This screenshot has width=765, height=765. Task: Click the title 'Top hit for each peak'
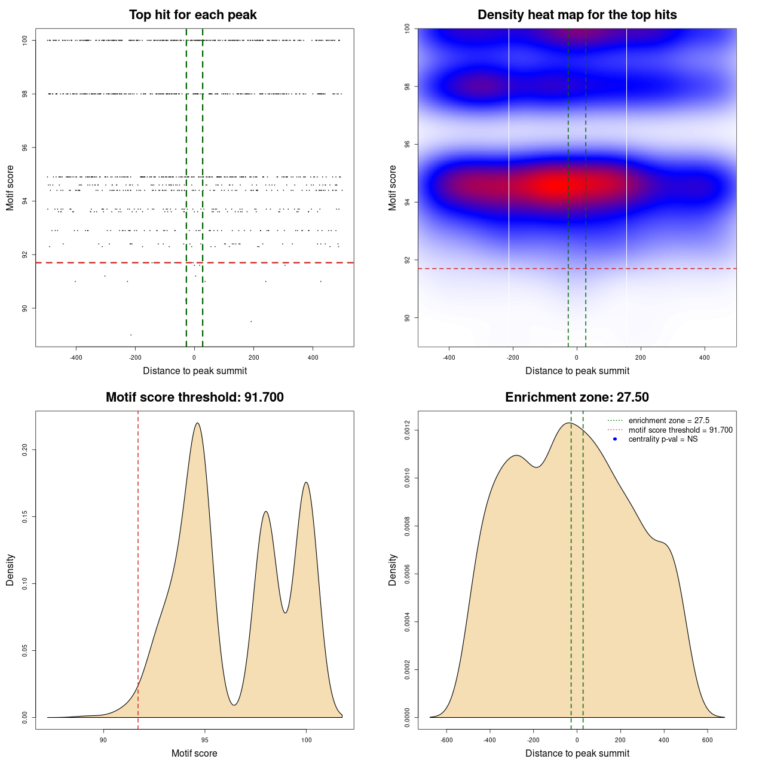click(x=193, y=15)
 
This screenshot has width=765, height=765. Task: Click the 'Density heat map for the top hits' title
click(x=577, y=15)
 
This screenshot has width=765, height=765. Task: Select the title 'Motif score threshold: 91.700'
click(x=194, y=397)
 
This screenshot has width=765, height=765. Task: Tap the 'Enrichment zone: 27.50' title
click(x=577, y=397)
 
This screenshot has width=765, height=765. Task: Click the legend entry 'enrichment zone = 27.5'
click(x=669, y=421)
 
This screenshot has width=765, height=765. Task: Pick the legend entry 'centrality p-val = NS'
click(x=663, y=439)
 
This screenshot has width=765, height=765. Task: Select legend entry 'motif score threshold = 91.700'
click(x=680, y=430)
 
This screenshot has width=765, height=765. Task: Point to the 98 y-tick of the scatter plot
click(x=25, y=94)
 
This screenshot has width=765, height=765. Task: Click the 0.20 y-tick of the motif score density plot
click(x=25, y=449)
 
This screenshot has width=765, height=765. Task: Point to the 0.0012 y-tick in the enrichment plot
click(x=408, y=430)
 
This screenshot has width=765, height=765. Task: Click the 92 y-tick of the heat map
click(x=408, y=260)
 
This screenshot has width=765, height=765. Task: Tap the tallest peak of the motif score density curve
click(x=197, y=423)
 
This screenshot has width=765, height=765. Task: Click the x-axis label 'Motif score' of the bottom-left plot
click(x=194, y=754)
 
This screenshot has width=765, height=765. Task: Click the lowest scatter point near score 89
click(x=131, y=335)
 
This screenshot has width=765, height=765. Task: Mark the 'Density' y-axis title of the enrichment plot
click(x=393, y=570)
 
